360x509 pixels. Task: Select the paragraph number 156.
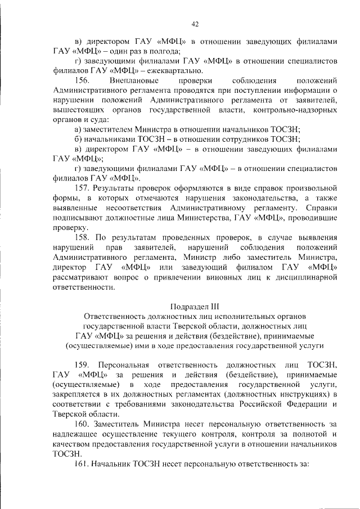(x=84, y=80)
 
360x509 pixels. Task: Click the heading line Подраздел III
(x=195, y=307)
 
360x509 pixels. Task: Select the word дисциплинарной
(x=304, y=277)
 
